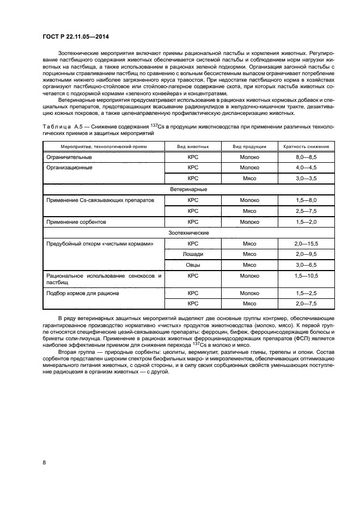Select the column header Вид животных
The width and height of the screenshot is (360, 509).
click(x=192, y=147)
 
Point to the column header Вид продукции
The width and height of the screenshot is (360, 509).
click(x=249, y=147)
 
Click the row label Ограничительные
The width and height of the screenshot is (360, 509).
click(x=69, y=157)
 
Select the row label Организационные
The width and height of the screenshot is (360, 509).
click(x=70, y=168)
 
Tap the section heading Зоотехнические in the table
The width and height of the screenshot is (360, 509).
click(x=184, y=232)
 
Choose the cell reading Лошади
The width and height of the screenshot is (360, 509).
click(x=192, y=254)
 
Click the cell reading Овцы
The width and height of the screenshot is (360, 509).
click(x=192, y=265)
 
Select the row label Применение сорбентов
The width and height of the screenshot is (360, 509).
click(x=76, y=222)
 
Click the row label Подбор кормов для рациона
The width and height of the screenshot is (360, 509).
click(x=83, y=293)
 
